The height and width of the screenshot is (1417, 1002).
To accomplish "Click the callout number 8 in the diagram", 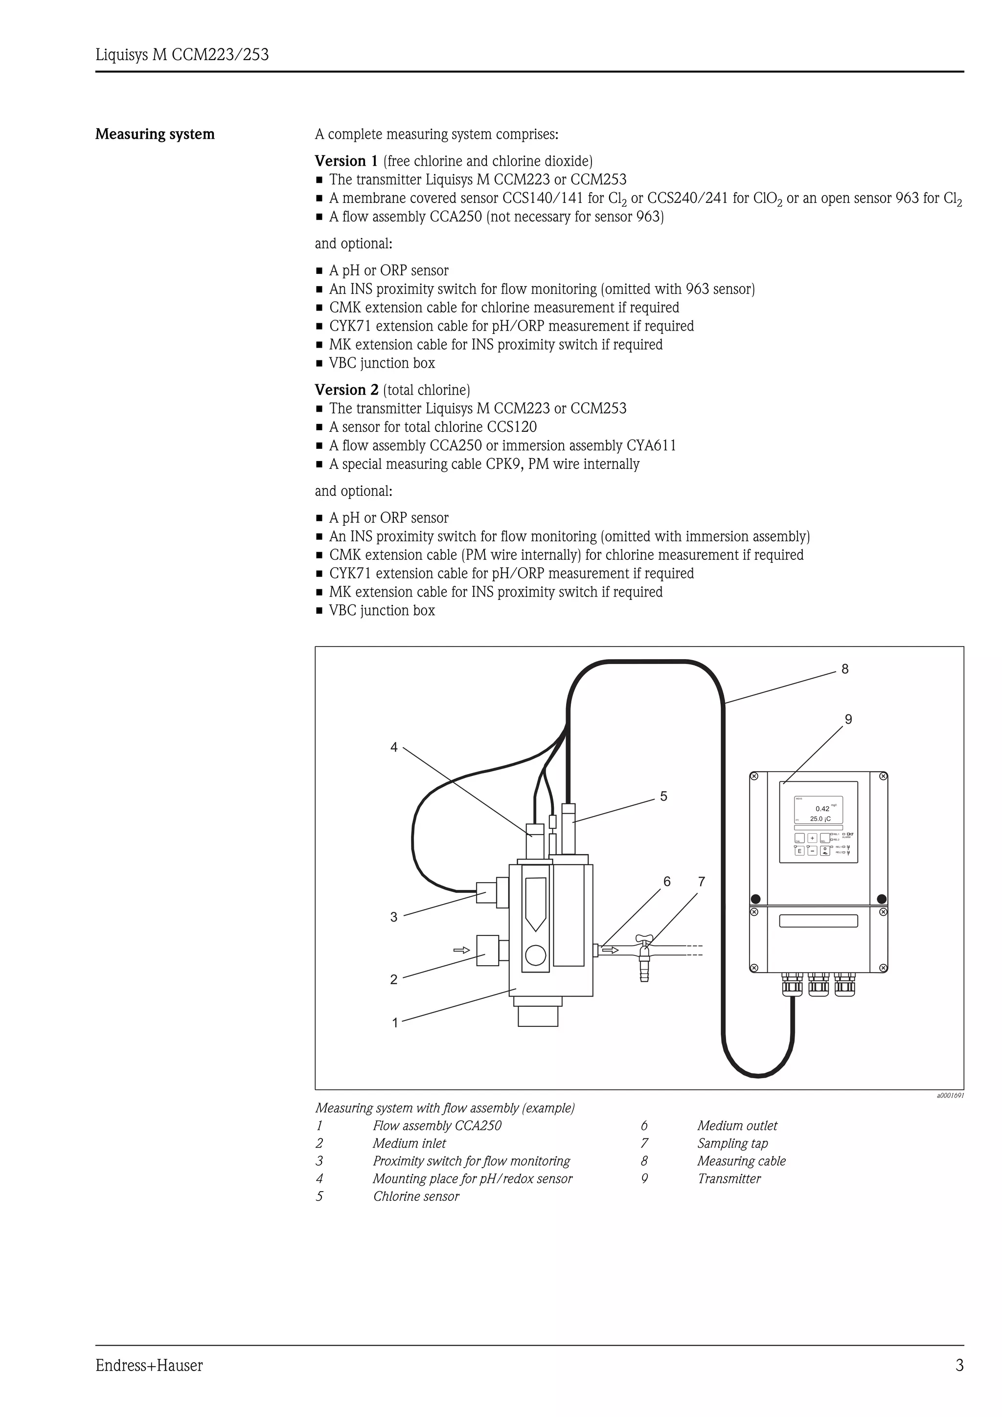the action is pyautogui.click(x=844, y=669).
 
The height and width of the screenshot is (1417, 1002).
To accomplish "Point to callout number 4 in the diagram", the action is pyautogui.click(x=394, y=748).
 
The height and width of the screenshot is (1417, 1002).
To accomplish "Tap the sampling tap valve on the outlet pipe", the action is pyautogui.click(x=644, y=956).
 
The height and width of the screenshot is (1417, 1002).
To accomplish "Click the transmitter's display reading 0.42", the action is pyautogui.click(x=822, y=808).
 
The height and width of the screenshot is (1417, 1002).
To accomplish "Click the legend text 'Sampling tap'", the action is pyautogui.click(x=732, y=1143).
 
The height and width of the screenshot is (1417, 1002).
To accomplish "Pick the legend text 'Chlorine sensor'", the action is pyautogui.click(x=416, y=1196).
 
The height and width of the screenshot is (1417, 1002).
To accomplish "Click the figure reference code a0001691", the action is pyautogui.click(x=950, y=1095).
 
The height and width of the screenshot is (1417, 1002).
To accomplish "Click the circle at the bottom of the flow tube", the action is pyautogui.click(x=535, y=956).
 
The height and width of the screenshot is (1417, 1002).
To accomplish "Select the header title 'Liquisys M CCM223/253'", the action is pyautogui.click(x=182, y=55).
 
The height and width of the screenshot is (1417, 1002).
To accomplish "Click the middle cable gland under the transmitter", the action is pyautogui.click(x=819, y=984).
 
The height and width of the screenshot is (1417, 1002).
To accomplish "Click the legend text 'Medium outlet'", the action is pyautogui.click(x=737, y=1126).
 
